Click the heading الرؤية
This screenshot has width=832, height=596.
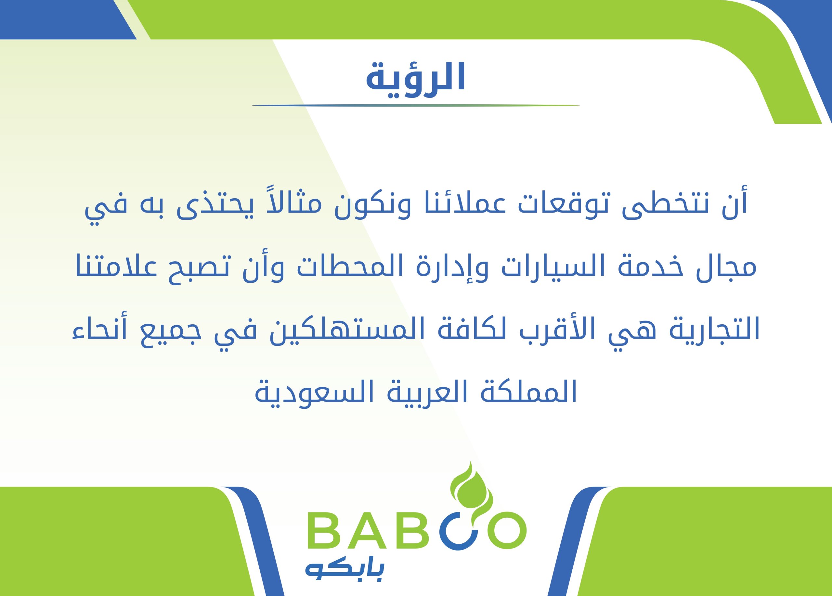click(x=416, y=77)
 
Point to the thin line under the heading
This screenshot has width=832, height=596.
click(x=416, y=106)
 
